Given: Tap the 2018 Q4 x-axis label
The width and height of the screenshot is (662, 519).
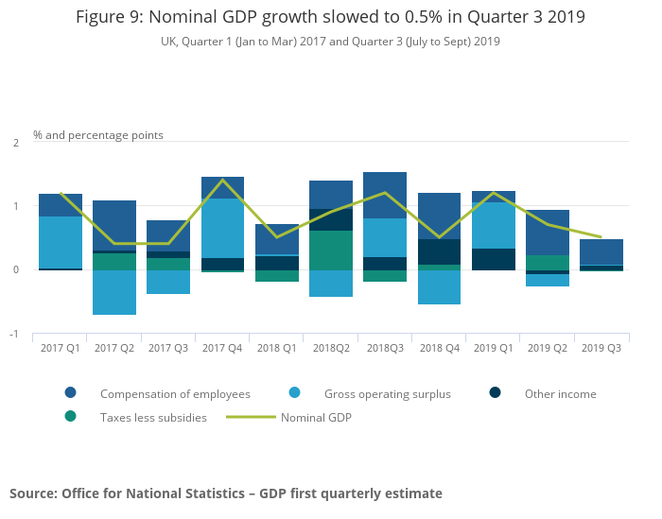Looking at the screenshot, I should click(439, 348).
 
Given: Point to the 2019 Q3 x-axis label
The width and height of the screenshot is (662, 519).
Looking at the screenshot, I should click(601, 348).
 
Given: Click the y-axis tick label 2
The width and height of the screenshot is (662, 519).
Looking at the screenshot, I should click(15, 143).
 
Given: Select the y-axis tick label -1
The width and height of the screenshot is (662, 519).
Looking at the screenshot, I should click(14, 335).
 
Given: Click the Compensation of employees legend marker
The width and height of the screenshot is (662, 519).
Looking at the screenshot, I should click(71, 393).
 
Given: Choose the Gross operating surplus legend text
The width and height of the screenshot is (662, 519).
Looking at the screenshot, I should click(388, 394).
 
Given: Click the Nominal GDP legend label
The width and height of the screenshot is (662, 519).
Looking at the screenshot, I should click(316, 417).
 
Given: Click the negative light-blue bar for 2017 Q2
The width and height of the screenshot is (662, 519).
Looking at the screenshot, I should click(113, 292).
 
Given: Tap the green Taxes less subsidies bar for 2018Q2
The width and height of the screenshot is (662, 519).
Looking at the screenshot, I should click(331, 250).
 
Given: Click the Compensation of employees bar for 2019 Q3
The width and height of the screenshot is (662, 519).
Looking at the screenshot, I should click(601, 251).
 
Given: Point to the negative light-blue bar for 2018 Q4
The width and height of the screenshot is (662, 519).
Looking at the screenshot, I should click(439, 286).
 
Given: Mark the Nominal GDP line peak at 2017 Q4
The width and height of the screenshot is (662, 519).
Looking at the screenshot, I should click(222, 180).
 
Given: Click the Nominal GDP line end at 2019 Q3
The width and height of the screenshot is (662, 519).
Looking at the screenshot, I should click(601, 237).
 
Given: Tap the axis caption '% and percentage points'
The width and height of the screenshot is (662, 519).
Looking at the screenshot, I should click(98, 135).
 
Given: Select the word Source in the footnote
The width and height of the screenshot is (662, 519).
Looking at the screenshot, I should click(32, 493).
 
